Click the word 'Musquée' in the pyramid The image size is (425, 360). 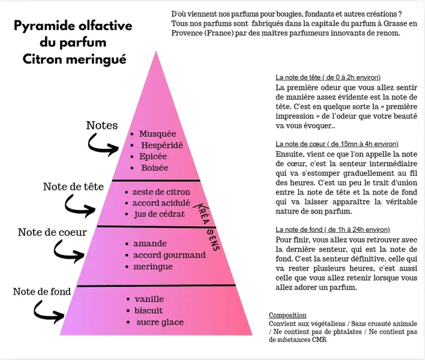tap(157, 134)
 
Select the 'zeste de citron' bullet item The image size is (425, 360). tap(161, 192)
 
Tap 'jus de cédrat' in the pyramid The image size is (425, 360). tap(160, 214)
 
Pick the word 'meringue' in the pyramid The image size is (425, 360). tap(153, 266)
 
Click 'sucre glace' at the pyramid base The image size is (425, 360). tap(160, 322)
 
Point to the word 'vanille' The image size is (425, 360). tap(149, 299)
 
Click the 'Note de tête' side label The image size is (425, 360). tap(73, 187)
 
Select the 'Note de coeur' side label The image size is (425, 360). tap(52, 232)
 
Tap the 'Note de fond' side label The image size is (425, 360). tap(42, 292)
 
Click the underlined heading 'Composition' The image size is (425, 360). tap(288, 315)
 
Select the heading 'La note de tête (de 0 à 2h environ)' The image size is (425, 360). tap(328, 77)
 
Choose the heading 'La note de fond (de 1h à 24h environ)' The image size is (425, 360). tap(333, 229)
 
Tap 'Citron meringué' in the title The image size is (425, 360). tap(74, 59)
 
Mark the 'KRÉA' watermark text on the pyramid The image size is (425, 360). tap(202, 214)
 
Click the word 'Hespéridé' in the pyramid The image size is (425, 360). tap(162, 145)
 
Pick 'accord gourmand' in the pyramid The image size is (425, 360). tap(169, 255)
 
